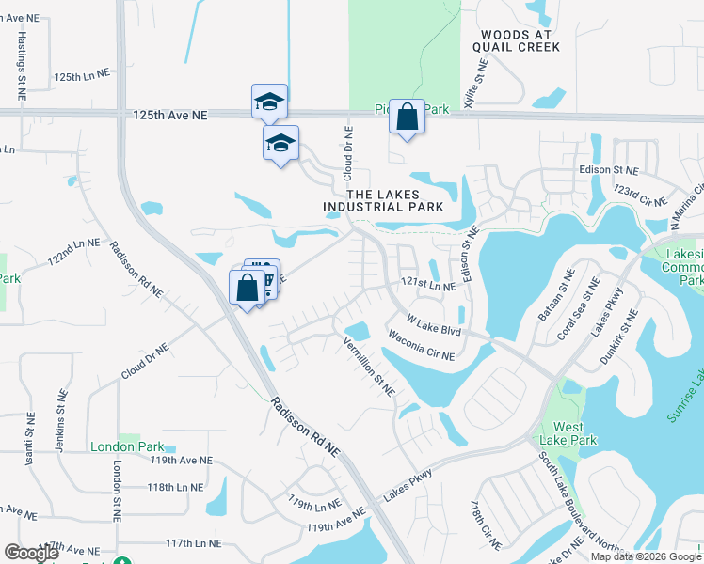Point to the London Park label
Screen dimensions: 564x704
tap(120, 446)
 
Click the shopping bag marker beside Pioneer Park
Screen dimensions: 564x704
tap(407, 118)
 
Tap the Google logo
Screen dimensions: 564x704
tap(32, 553)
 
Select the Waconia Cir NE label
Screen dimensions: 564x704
tap(421, 347)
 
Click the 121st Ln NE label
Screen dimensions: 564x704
tap(428, 285)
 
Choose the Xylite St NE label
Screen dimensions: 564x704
tap(478, 86)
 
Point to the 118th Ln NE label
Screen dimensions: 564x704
tap(175, 487)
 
